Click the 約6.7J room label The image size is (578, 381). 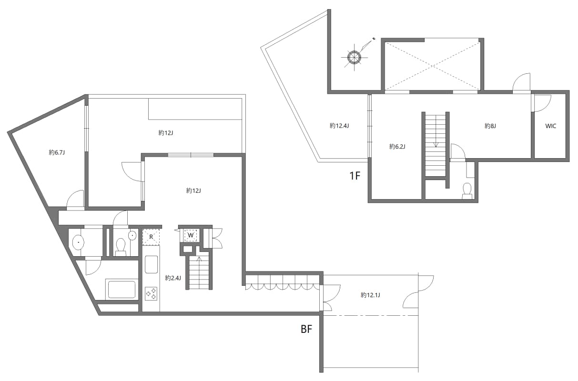pos(56,152)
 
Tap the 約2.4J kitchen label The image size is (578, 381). pos(173,278)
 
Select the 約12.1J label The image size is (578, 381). pos(370,295)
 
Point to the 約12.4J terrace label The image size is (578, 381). pos(339,126)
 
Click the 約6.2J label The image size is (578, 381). pos(397,146)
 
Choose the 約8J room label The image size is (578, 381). pos(490,126)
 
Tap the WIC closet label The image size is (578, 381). pos(551,126)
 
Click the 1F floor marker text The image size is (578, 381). pos(355,176)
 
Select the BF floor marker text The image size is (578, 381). pos(306,330)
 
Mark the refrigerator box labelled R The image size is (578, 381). pos(151,237)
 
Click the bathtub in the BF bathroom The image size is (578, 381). pos(122,289)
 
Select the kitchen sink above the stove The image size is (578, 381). pos(152,264)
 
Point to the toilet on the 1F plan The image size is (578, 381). pos(467,190)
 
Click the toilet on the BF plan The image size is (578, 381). pos(121,247)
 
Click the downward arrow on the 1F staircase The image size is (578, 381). pos(436,144)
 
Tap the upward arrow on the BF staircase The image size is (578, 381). pos(198,261)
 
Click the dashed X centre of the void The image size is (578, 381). pos(432,64)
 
